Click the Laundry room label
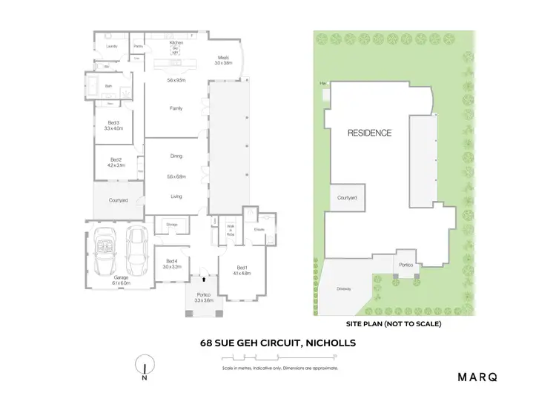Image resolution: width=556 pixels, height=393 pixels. pos(111,47)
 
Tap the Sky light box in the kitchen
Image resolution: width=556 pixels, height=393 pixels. pos(175,51)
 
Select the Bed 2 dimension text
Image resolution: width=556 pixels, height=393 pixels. pos(116,165)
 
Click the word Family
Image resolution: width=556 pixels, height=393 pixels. pos(176,108)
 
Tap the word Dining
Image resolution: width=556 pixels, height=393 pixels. pos(176,156)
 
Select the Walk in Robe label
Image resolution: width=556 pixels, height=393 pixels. pos(231,229)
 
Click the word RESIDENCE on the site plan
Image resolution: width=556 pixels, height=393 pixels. pos(370,133)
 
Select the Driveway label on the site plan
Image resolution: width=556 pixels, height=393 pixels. pos(343,290)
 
